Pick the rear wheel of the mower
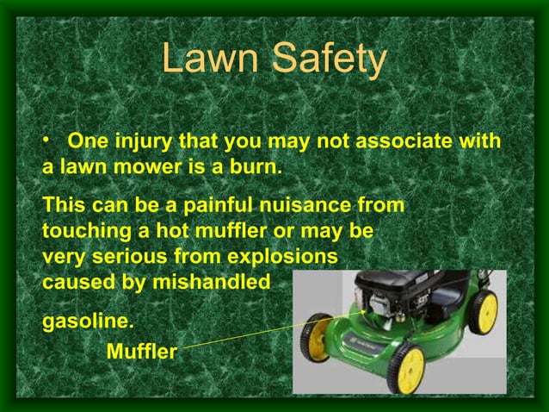click(485, 310)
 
